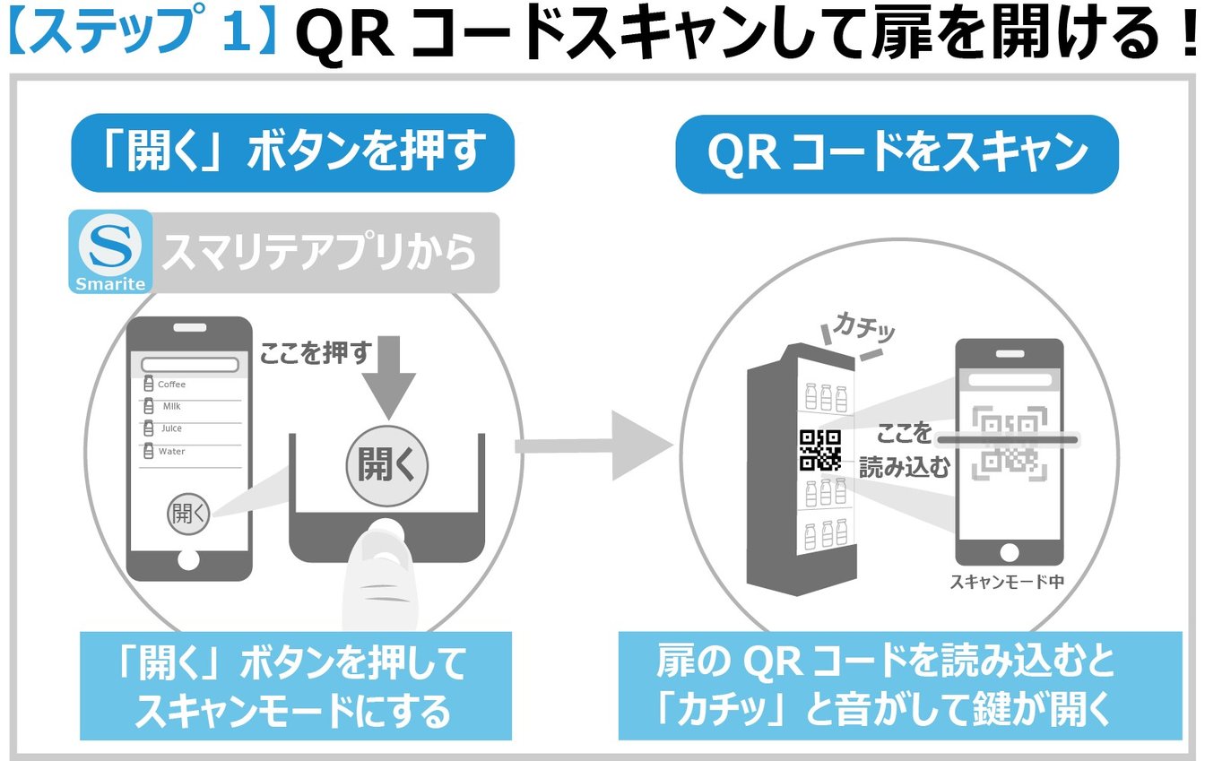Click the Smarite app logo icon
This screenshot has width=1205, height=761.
pyautogui.click(x=110, y=252)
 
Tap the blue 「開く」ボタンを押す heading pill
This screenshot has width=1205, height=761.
pyautogui.click(x=292, y=151)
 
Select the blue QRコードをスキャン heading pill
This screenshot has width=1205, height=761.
pyautogui.click(x=897, y=153)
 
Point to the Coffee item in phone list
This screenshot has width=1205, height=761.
pyautogui.click(x=171, y=385)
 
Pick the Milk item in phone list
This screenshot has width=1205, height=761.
pyautogui.click(x=171, y=407)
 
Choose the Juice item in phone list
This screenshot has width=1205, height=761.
pyautogui.click(x=171, y=429)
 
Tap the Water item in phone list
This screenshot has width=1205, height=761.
pyautogui.click(x=171, y=452)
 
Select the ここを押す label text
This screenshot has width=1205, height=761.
pyautogui.click(x=315, y=353)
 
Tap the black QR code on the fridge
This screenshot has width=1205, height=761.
pyautogui.click(x=819, y=449)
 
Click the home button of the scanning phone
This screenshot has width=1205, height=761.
pyautogui.click(x=1010, y=551)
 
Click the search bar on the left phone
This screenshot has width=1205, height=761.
pyautogui.click(x=189, y=365)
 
